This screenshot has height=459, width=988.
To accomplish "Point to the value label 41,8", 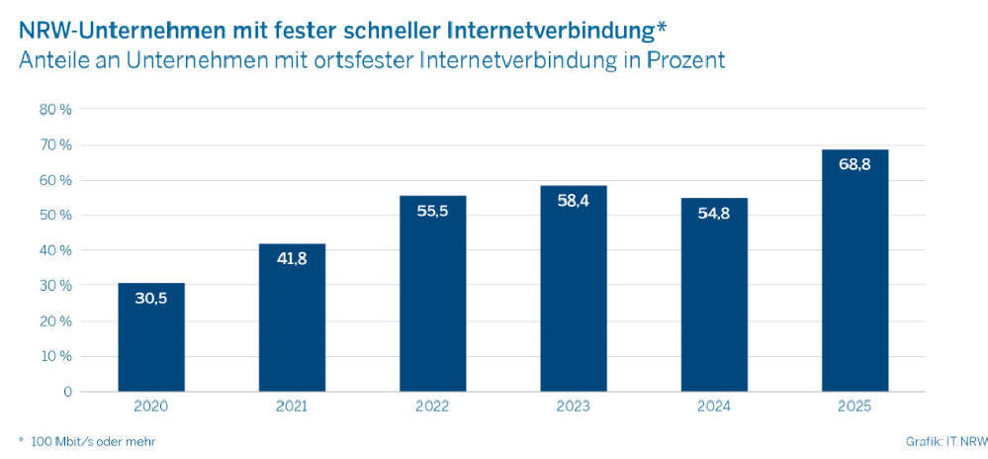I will tap(292, 259).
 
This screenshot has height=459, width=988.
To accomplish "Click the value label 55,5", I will tap(432, 212).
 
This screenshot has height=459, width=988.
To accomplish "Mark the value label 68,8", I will tap(854, 165).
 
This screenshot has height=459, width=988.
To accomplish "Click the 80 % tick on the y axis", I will tap(55, 110).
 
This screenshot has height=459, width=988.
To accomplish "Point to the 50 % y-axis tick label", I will tap(55, 216).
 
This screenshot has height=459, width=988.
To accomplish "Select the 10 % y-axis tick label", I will tap(55, 356).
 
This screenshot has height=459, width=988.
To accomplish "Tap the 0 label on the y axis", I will tap(67, 392).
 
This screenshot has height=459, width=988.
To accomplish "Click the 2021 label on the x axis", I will tap(292, 407).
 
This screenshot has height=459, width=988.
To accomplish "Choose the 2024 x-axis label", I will tap(714, 407).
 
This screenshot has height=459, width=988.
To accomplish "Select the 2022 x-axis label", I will tap(432, 407).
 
